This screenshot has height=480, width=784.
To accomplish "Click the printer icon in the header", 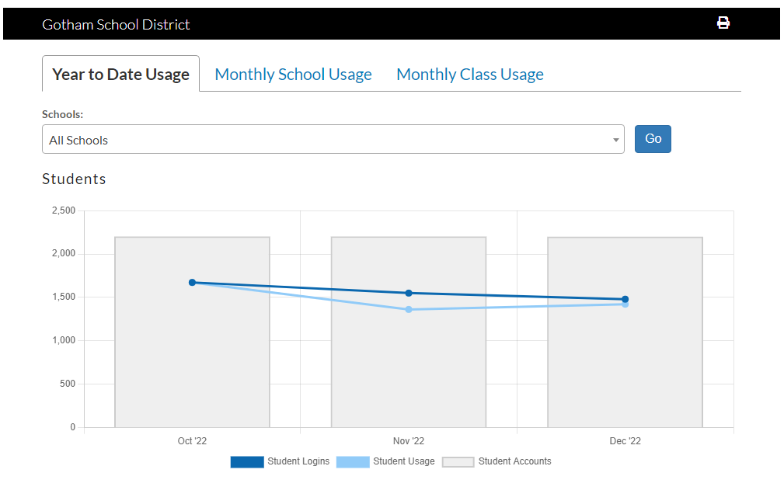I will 723,23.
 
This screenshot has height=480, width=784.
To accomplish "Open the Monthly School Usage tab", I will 293,75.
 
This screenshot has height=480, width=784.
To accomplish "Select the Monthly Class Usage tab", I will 469,75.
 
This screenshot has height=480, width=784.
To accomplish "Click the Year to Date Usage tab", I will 120,75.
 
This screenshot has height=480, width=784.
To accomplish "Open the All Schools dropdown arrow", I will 616,141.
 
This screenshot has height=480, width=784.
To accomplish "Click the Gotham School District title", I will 116,24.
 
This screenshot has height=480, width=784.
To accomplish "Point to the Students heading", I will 74,179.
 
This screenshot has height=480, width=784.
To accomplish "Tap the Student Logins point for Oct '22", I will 192,283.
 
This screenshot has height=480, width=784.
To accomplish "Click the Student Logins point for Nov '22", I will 409,293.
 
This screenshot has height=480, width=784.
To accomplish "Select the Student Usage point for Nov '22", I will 409,310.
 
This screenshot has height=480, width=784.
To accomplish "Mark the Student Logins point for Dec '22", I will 625,299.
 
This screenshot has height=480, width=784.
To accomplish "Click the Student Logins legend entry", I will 280,461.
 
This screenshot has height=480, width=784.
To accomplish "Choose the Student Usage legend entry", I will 386,461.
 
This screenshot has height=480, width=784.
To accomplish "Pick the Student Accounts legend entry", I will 497,461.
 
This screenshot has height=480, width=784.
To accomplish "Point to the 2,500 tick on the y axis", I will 63,210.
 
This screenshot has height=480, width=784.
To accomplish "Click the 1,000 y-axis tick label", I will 63,340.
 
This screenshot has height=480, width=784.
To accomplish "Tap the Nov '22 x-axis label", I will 409,441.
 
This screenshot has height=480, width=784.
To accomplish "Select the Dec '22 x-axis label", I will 625,441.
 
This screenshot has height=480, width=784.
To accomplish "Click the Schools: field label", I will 62,114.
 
